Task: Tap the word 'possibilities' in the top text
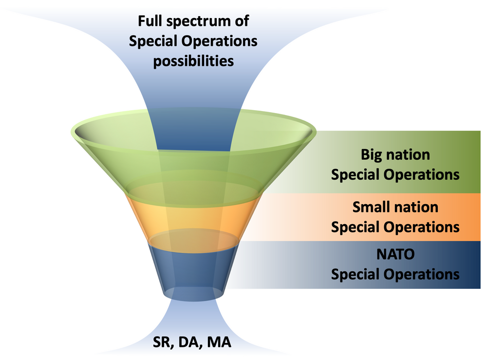[193, 62]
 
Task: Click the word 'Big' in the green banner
[373, 155]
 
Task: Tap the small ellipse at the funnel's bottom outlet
[193, 294]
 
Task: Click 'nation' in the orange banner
[417, 207]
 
